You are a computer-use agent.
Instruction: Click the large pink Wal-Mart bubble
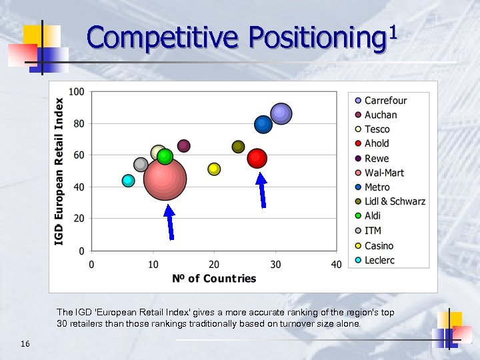click(165, 179)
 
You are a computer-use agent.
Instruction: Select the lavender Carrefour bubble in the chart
click(281, 114)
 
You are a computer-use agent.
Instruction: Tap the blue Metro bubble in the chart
click(263, 125)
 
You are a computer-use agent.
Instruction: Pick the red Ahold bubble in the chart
click(257, 158)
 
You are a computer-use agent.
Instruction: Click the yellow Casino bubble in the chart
click(214, 169)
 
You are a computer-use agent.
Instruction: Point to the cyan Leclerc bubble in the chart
click(129, 181)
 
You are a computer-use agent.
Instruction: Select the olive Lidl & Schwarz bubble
click(238, 147)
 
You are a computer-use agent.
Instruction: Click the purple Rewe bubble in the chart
click(184, 145)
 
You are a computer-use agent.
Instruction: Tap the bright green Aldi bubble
click(165, 157)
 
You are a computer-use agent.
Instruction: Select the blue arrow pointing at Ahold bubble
click(262, 191)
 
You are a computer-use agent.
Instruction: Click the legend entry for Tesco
click(377, 129)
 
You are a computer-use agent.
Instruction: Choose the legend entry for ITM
click(373, 231)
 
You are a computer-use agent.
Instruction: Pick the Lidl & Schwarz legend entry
click(394, 201)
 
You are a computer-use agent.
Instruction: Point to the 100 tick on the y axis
click(77, 91)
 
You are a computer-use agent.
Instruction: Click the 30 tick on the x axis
click(275, 265)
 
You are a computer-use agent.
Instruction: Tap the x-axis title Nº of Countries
click(214, 279)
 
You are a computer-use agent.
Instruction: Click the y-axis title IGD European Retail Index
click(60, 171)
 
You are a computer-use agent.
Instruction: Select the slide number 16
click(25, 343)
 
